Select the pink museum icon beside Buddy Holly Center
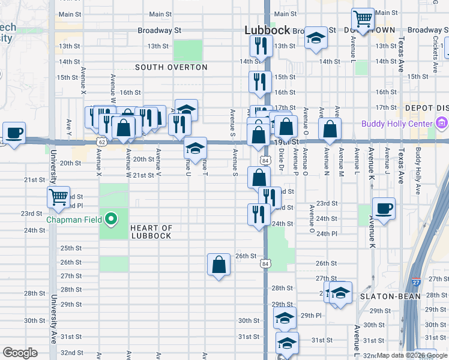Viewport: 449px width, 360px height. click(442, 124)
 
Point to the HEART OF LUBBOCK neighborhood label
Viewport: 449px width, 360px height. click(151, 232)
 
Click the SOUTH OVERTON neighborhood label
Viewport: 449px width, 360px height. click(171, 67)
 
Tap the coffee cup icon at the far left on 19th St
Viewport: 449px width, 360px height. click(14, 133)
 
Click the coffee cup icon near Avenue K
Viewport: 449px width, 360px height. click(384, 208)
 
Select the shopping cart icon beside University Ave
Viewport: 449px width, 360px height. click(59, 196)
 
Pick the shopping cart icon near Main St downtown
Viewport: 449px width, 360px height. click(363, 19)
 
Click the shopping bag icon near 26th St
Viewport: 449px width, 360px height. click(218, 264)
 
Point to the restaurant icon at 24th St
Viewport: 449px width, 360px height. click(259, 214)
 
